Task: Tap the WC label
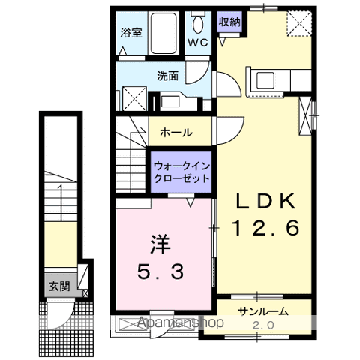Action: pos(198,42)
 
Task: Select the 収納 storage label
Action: pos(229,22)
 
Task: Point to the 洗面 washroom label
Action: pos(167,76)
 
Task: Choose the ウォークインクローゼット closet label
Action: pos(180,172)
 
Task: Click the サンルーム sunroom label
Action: pos(265,310)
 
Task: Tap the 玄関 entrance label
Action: pos(58,286)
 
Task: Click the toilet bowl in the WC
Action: pos(198,19)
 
